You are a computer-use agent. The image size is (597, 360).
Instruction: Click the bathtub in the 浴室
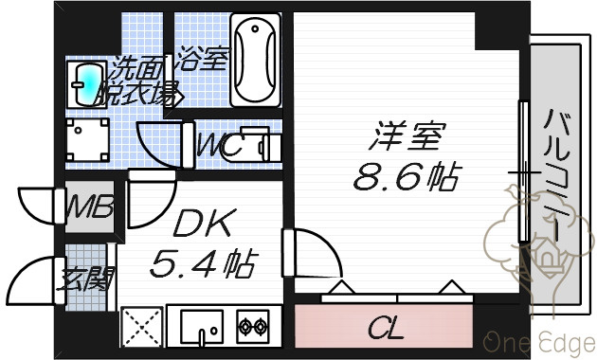[x=255, y=60]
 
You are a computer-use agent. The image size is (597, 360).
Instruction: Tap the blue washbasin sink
[x=86, y=84]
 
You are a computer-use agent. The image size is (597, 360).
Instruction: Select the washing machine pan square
[x=87, y=140]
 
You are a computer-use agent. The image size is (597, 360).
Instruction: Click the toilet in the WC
[x=259, y=146]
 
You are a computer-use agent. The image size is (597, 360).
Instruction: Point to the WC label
[x=220, y=145]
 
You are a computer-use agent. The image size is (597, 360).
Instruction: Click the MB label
[x=90, y=207]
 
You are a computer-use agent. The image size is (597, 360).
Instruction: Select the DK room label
[x=202, y=223]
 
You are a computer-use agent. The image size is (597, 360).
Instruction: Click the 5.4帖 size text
[x=204, y=263]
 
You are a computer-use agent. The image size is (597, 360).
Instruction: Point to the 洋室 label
[x=407, y=135]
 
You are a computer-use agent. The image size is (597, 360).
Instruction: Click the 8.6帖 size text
[x=407, y=176]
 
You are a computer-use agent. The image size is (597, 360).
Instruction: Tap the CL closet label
[x=386, y=329]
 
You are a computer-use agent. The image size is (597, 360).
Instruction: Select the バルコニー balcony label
[x=555, y=174]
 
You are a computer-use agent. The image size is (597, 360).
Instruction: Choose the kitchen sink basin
[x=202, y=327]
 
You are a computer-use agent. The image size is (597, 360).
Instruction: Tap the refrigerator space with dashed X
[x=141, y=327]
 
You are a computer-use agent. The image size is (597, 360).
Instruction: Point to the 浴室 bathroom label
[x=203, y=58]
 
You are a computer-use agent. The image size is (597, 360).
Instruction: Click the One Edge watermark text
[x=540, y=343]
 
